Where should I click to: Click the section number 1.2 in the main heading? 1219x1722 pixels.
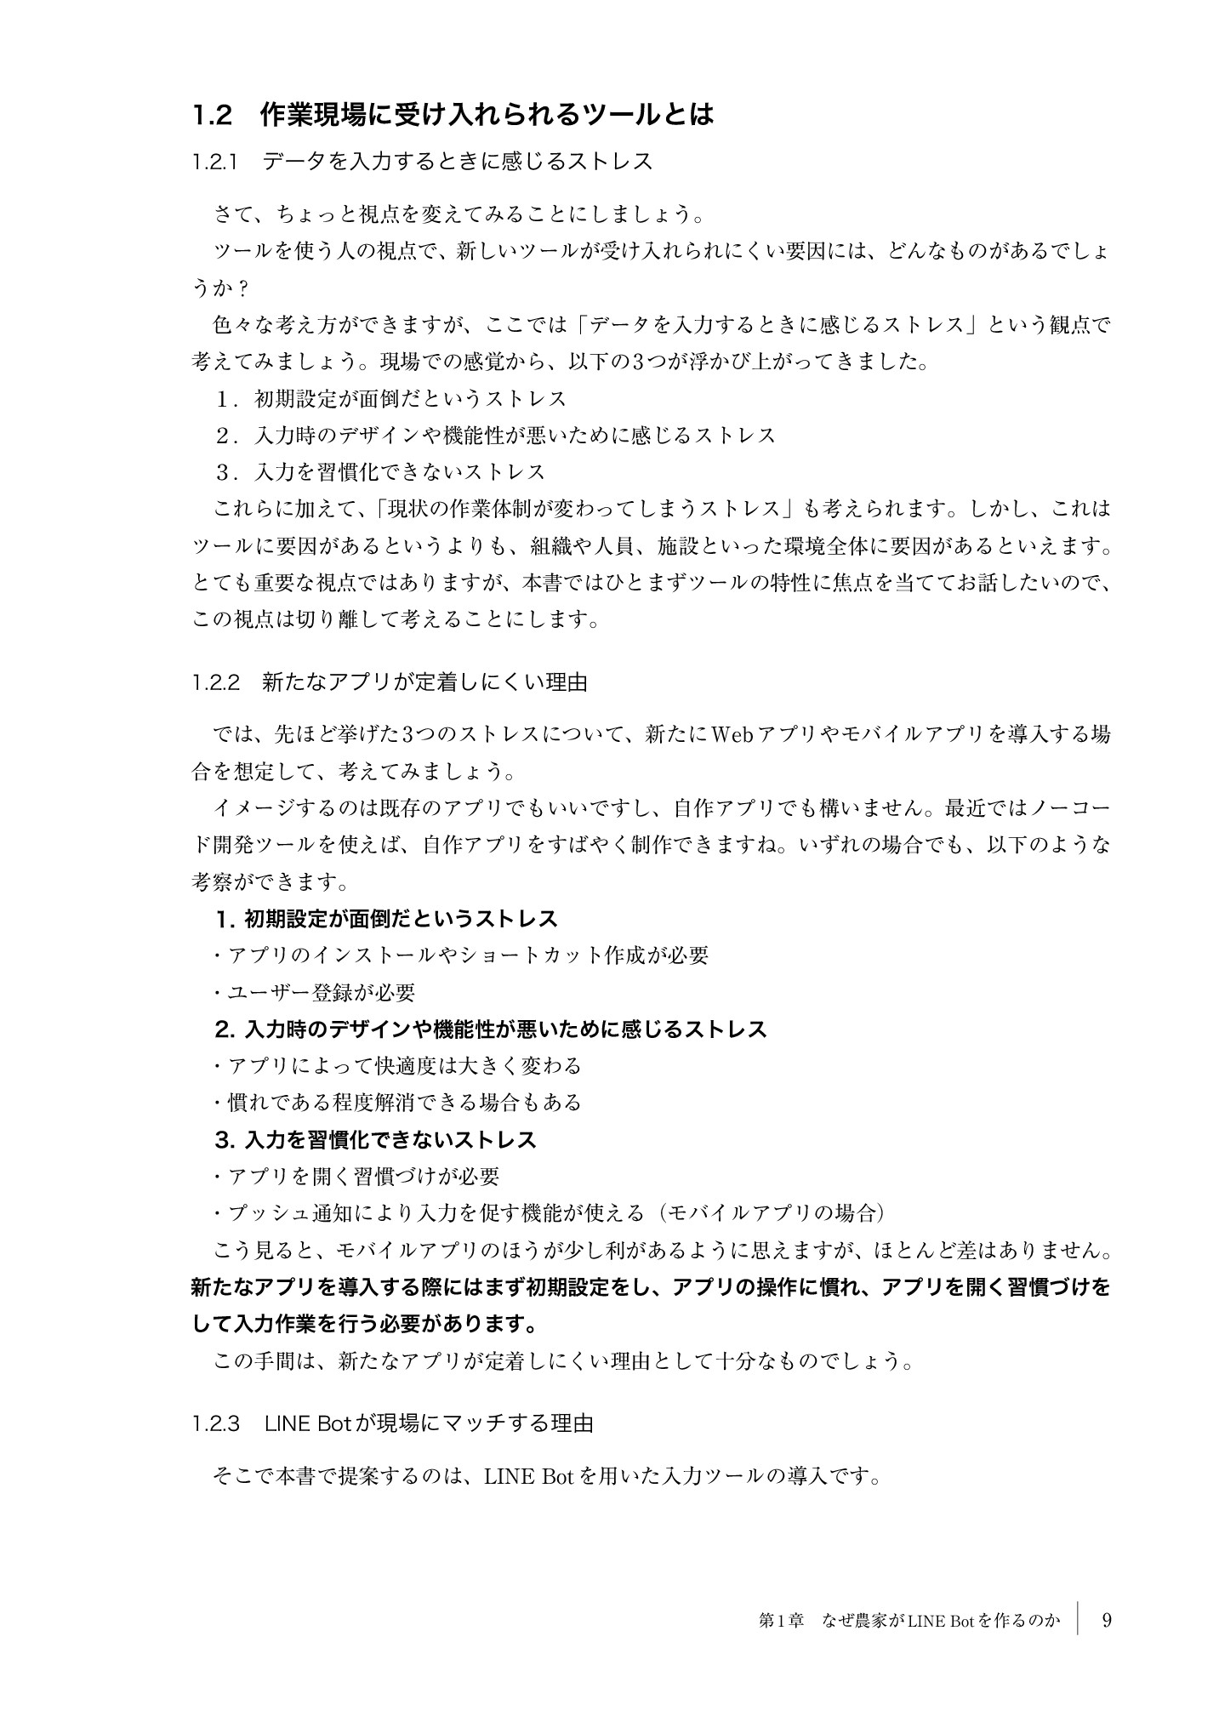(212, 115)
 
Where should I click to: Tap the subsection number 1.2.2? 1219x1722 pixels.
(216, 682)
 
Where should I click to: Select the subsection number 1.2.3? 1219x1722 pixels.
(216, 1423)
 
